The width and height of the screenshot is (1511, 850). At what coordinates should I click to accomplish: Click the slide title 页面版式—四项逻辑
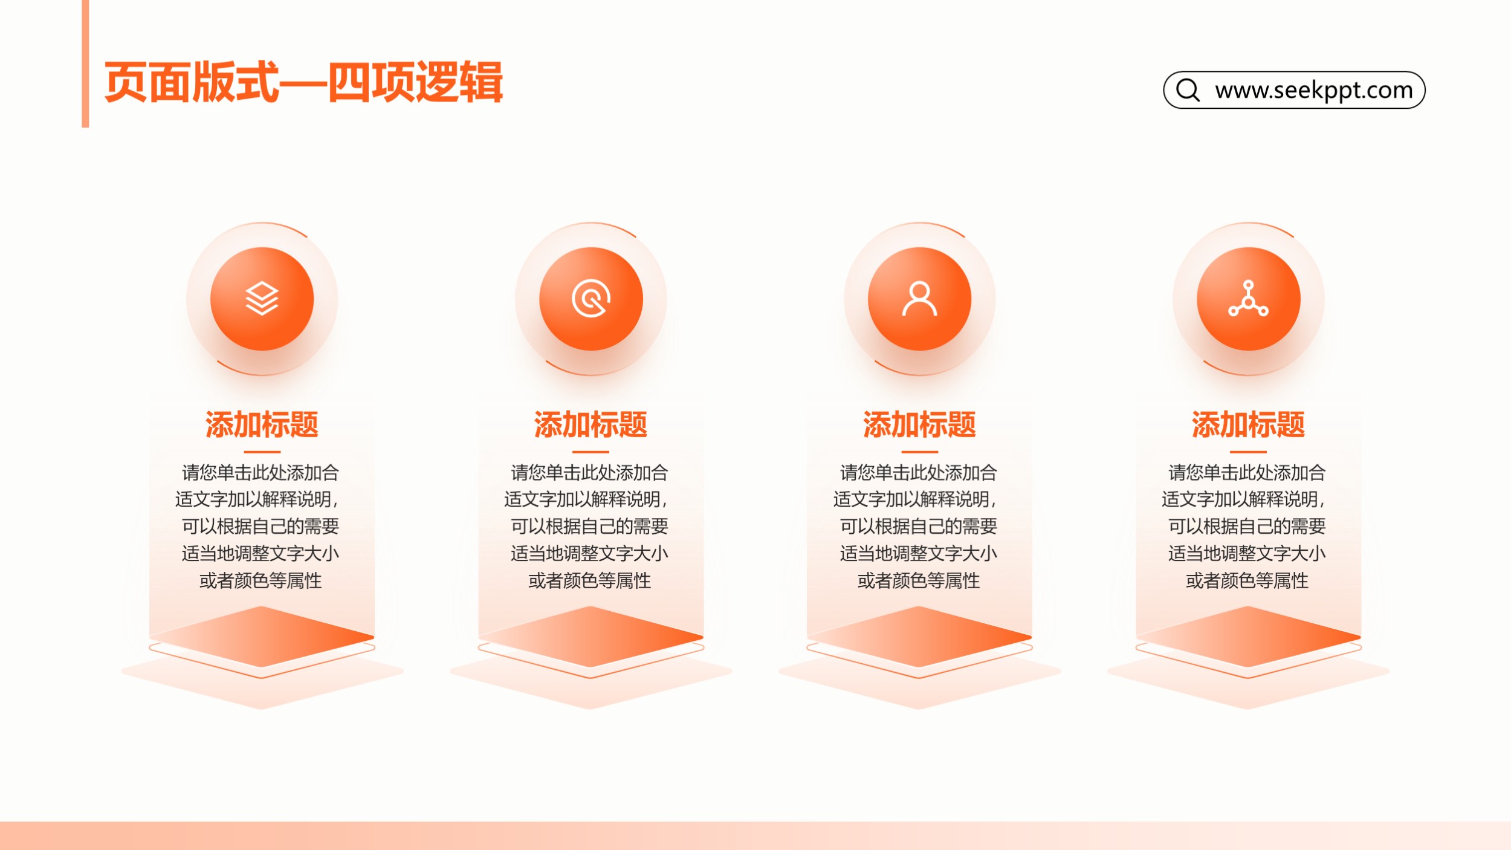pos(303,82)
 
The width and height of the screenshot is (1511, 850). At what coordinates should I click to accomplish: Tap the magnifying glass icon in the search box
pos(1188,90)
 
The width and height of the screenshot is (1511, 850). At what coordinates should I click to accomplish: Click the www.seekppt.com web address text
pos(1314,90)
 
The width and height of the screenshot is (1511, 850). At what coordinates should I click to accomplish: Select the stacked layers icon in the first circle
pos(262,299)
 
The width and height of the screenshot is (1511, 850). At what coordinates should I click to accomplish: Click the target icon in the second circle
pos(591,299)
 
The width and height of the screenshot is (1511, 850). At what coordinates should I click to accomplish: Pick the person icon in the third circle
pos(919,299)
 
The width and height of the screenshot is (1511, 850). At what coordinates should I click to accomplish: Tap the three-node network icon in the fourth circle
pos(1248,299)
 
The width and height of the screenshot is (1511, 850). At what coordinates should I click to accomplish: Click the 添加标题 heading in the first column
pos(262,424)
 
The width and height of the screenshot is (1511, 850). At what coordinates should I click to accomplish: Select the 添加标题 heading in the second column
pos(590,424)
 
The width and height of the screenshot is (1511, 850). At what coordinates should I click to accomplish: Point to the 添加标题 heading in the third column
pos(919,424)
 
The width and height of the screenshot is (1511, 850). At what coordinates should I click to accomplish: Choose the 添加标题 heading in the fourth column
pos(1248,424)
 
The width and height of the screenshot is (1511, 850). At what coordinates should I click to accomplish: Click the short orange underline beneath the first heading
pos(262,452)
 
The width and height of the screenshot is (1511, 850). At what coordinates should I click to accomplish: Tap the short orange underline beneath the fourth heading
pos(1248,452)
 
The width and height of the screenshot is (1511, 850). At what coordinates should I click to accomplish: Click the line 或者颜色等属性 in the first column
pos(260,580)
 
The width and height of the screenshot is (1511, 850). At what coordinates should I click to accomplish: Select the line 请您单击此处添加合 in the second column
pos(589,472)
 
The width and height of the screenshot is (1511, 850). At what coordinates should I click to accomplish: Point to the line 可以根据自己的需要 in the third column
pos(918,526)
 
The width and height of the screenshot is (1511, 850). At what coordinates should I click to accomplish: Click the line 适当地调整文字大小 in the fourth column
pos(1247,553)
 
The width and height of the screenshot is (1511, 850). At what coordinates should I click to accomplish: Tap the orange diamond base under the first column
pos(262,637)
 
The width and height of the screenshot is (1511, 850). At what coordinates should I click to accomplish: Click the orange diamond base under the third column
pos(919,637)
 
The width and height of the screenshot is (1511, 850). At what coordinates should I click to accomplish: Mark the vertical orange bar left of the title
pos(85,63)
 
